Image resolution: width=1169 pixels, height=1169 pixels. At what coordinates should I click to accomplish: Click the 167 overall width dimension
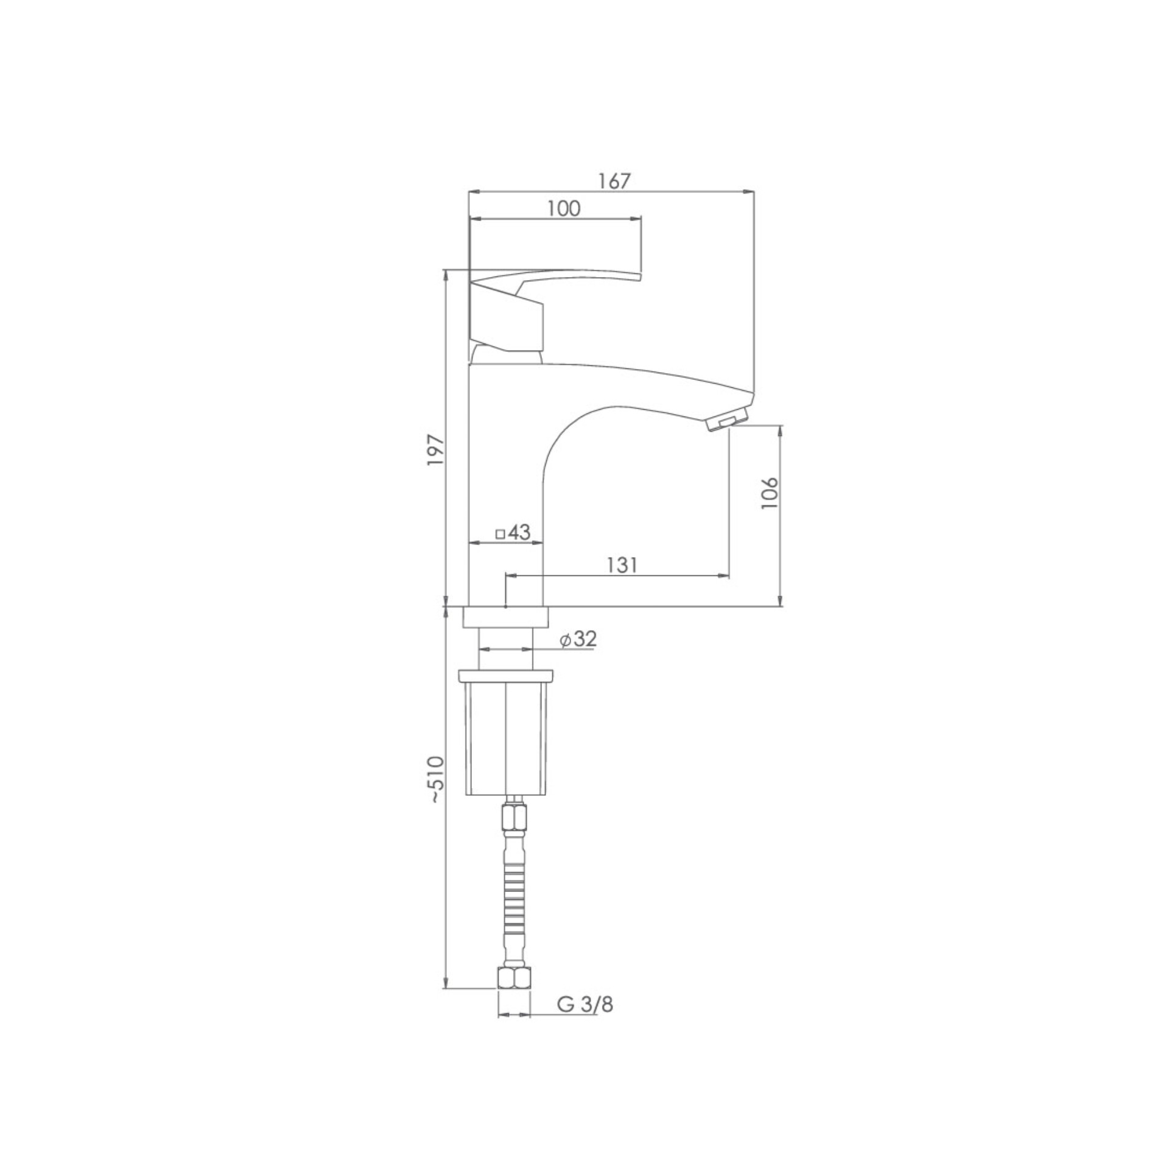click(x=613, y=181)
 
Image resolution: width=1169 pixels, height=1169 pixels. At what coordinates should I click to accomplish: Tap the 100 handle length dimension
click(x=563, y=208)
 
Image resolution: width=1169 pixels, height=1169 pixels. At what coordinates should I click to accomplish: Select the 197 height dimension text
click(x=437, y=450)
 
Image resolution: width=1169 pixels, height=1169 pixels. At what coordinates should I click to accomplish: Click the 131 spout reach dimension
click(x=622, y=565)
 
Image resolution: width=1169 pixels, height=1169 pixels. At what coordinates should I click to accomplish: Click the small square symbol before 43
click(x=500, y=534)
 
